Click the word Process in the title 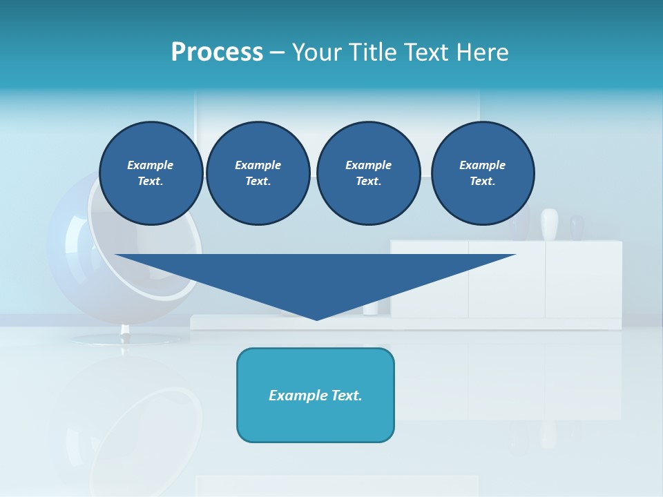217,52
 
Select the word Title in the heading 376,52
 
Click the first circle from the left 151,173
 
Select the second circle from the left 258,173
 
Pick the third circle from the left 368,173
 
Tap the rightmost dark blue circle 482,173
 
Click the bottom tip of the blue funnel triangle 316,318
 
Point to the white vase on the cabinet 549,224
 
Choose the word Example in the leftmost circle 151,165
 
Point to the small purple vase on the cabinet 577,227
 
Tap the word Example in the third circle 368,165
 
